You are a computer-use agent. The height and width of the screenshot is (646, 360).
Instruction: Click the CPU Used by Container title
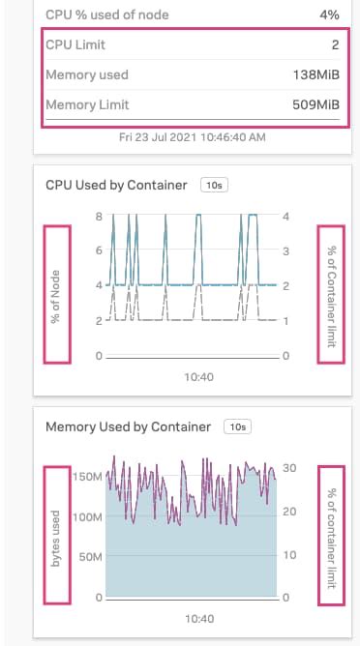coord(116,184)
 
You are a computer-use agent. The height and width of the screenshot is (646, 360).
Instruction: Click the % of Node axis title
coord(57,293)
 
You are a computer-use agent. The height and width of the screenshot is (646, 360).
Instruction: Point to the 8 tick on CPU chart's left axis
coord(99,216)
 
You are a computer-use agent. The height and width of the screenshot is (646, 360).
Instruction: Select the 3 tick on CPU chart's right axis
coord(286,250)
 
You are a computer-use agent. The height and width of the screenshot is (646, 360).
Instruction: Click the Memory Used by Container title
coord(129,426)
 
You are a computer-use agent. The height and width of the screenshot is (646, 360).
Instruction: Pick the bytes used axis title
coord(57,538)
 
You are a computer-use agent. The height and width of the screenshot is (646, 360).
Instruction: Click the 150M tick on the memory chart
coord(88,477)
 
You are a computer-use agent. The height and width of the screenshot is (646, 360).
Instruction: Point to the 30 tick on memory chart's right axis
coord(288,468)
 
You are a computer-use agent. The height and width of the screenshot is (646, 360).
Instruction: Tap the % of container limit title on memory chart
coord(331,537)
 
